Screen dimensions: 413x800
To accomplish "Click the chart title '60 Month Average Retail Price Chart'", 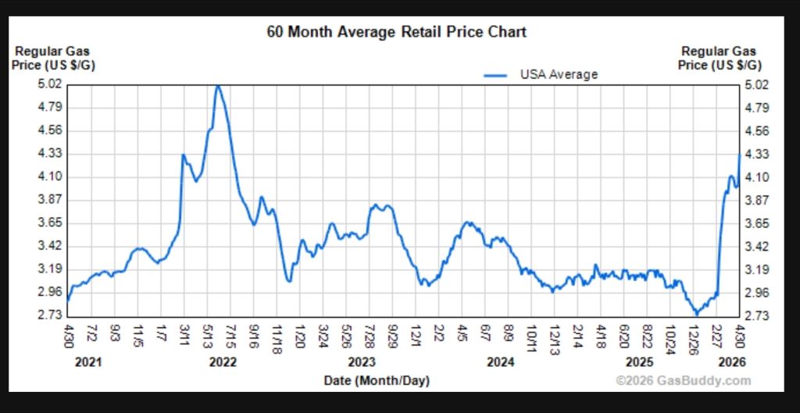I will pyautogui.click(x=397, y=32).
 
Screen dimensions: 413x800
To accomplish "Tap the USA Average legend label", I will pyautogui.click(x=559, y=75).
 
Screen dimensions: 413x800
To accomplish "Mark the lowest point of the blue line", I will pyautogui.click(x=696, y=314).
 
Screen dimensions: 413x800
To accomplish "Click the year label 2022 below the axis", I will pyautogui.click(x=223, y=362).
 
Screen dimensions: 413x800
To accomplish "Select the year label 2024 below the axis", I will pyautogui.click(x=500, y=362).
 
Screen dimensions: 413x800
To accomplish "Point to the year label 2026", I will pyautogui.click(x=732, y=362).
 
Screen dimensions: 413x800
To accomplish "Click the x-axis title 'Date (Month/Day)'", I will pyautogui.click(x=377, y=381).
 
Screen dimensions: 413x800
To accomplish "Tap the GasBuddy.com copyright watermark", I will pyautogui.click(x=683, y=381).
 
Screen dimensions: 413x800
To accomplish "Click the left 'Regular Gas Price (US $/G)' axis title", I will pyautogui.click(x=53, y=59).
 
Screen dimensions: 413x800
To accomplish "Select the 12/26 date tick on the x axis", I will pyautogui.click(x=694, y=340).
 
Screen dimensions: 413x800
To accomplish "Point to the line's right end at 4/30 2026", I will pyautogui.click(x=739, y=155).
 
